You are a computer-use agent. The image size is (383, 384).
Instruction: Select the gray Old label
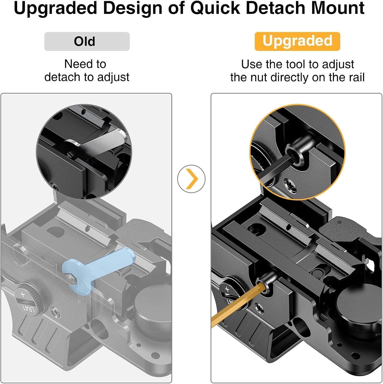coord(87,41)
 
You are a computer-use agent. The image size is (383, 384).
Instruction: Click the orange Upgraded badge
coord(297,41)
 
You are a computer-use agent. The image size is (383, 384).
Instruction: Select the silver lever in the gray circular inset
coord(102,142)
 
